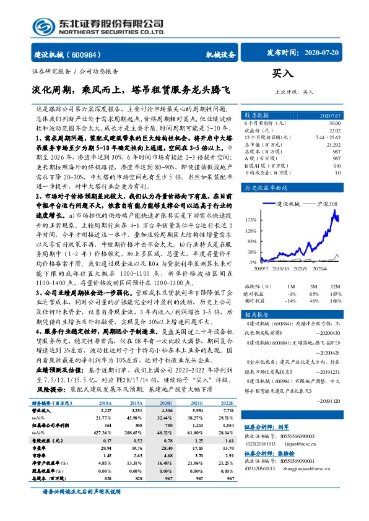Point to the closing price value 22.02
tap(334, 129)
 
